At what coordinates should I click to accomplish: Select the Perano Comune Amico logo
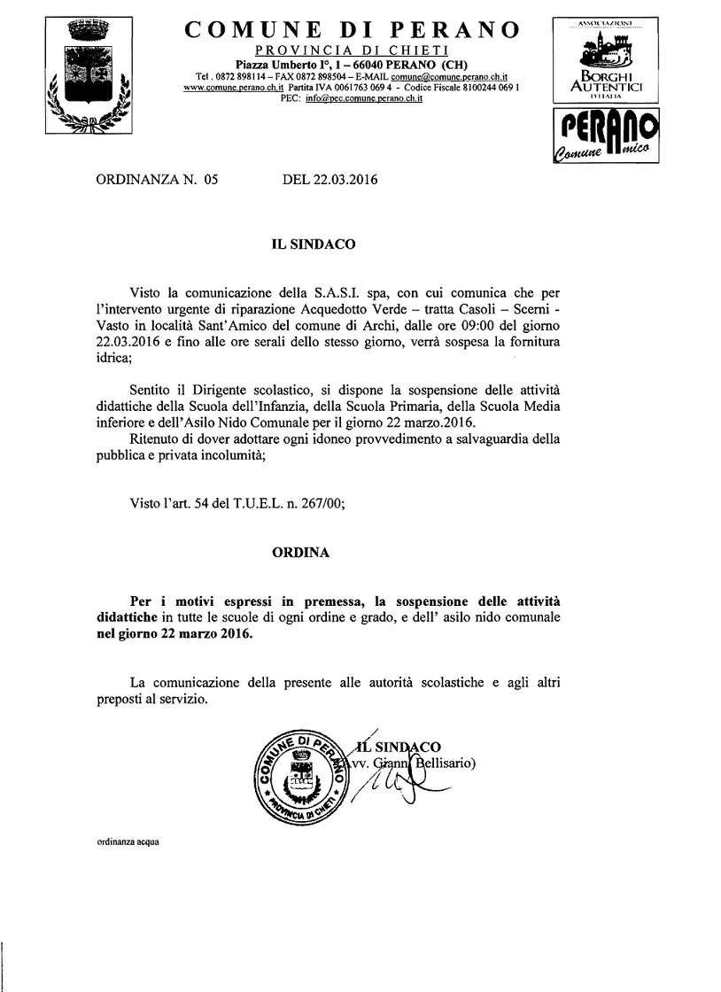click(x=607, y=136)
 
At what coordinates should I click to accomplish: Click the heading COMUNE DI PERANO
click(x=352, y=30)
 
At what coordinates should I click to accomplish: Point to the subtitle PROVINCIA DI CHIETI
click(x=352, y=49)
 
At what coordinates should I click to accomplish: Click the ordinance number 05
click(x=210, y=180)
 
